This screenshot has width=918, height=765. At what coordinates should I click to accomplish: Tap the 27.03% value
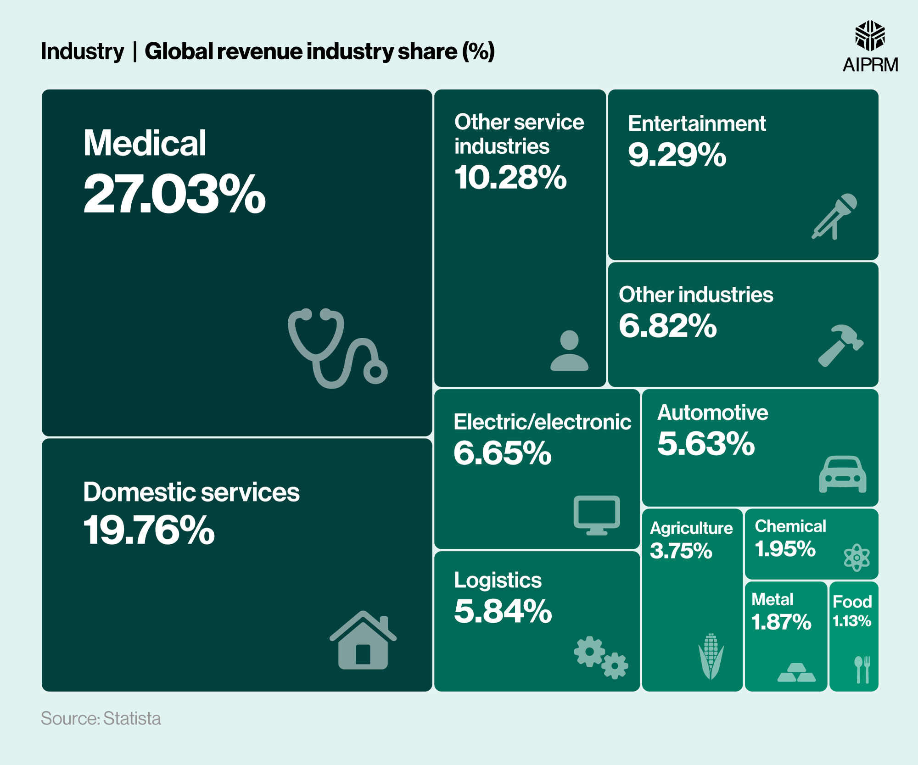(174, 195)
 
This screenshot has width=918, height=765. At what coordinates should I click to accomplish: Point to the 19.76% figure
(149, 530)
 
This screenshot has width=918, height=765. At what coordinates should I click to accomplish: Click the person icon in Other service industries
(569, 351)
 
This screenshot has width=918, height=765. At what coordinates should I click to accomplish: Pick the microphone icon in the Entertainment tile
(834, 216)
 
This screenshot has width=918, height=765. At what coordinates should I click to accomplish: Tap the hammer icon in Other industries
(840, 346)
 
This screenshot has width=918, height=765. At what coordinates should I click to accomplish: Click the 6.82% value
(667, 326)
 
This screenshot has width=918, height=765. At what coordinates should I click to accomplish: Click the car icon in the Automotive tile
(843, 475)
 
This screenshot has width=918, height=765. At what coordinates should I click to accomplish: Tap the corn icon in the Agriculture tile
(711, 656)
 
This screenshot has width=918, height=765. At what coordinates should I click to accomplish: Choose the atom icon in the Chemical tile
(856, 558)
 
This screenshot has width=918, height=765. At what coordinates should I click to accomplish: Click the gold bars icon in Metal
(796, 673)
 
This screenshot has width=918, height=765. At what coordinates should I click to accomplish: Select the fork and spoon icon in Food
(862, 670)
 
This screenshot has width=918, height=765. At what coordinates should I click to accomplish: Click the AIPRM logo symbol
(870, 35)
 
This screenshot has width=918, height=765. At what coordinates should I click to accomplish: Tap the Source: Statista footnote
(101, 718)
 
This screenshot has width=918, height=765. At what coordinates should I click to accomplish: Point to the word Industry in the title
(83, 51)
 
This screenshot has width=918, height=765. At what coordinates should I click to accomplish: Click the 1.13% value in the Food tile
(852, 621)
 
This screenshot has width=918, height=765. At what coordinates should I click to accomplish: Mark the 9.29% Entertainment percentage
(677, 155)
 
